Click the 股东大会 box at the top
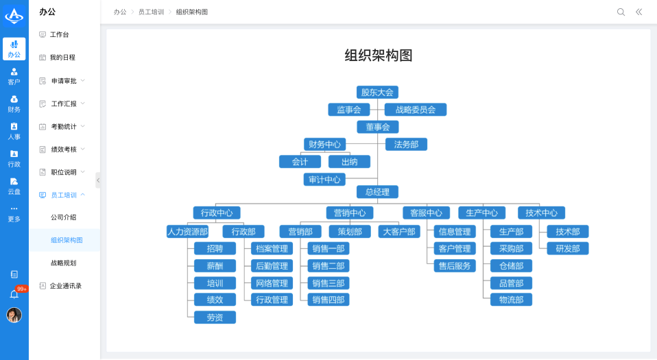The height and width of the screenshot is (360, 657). tap(377, 92)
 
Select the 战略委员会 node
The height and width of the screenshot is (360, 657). tap(416, 110)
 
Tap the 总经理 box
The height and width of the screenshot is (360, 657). tap(377, 192)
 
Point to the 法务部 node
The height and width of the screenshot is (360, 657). tap(406, 144)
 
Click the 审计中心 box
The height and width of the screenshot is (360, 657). tap(324, 180)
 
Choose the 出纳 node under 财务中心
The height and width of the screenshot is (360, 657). tap(349, 162)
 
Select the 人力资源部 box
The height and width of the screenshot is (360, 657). tap(187, 232)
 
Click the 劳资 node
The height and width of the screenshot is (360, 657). tap(215, 317)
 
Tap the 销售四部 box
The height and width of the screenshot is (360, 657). tap(328, 300)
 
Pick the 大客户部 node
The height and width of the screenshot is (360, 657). tap(398, 232)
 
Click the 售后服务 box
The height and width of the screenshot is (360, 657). tap(454, 266)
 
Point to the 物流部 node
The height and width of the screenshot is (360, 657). tap(511, 300)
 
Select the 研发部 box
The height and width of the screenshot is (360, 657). tap(567, 249)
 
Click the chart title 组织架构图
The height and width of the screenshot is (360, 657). tap(378, 56)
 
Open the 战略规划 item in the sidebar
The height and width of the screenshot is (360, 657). tap(63, 263)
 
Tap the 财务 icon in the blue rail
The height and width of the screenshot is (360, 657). tap(14, 104)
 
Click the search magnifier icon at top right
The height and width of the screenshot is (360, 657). tap(621, 12)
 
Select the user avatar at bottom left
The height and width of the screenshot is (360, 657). tap(14, 315)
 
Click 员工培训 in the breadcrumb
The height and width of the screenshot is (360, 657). tap(150, 12)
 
